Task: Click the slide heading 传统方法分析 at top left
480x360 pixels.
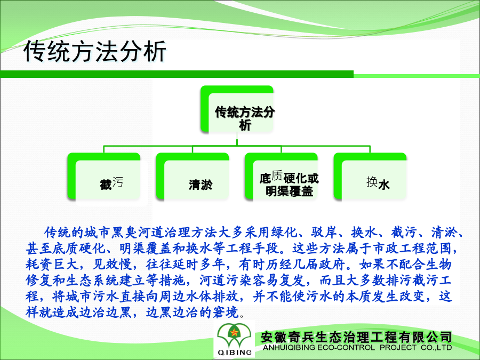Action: [95, 51]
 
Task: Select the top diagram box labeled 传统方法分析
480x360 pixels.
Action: [237, 109]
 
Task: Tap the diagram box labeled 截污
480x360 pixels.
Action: [104, 177]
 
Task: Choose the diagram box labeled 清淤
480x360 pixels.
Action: [193, 177]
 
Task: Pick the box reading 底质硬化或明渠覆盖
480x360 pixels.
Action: [281, 177]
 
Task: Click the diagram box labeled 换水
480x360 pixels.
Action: [370, 177]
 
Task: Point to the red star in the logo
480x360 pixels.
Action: [234, 332]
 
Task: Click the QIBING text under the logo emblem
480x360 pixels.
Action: [235, 353]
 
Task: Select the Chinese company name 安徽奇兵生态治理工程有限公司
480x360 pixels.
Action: [356, 337]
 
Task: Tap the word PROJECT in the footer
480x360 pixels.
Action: [398, 348]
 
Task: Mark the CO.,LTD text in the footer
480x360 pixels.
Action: [436, 348]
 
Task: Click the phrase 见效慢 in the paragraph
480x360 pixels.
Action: [112, 264]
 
